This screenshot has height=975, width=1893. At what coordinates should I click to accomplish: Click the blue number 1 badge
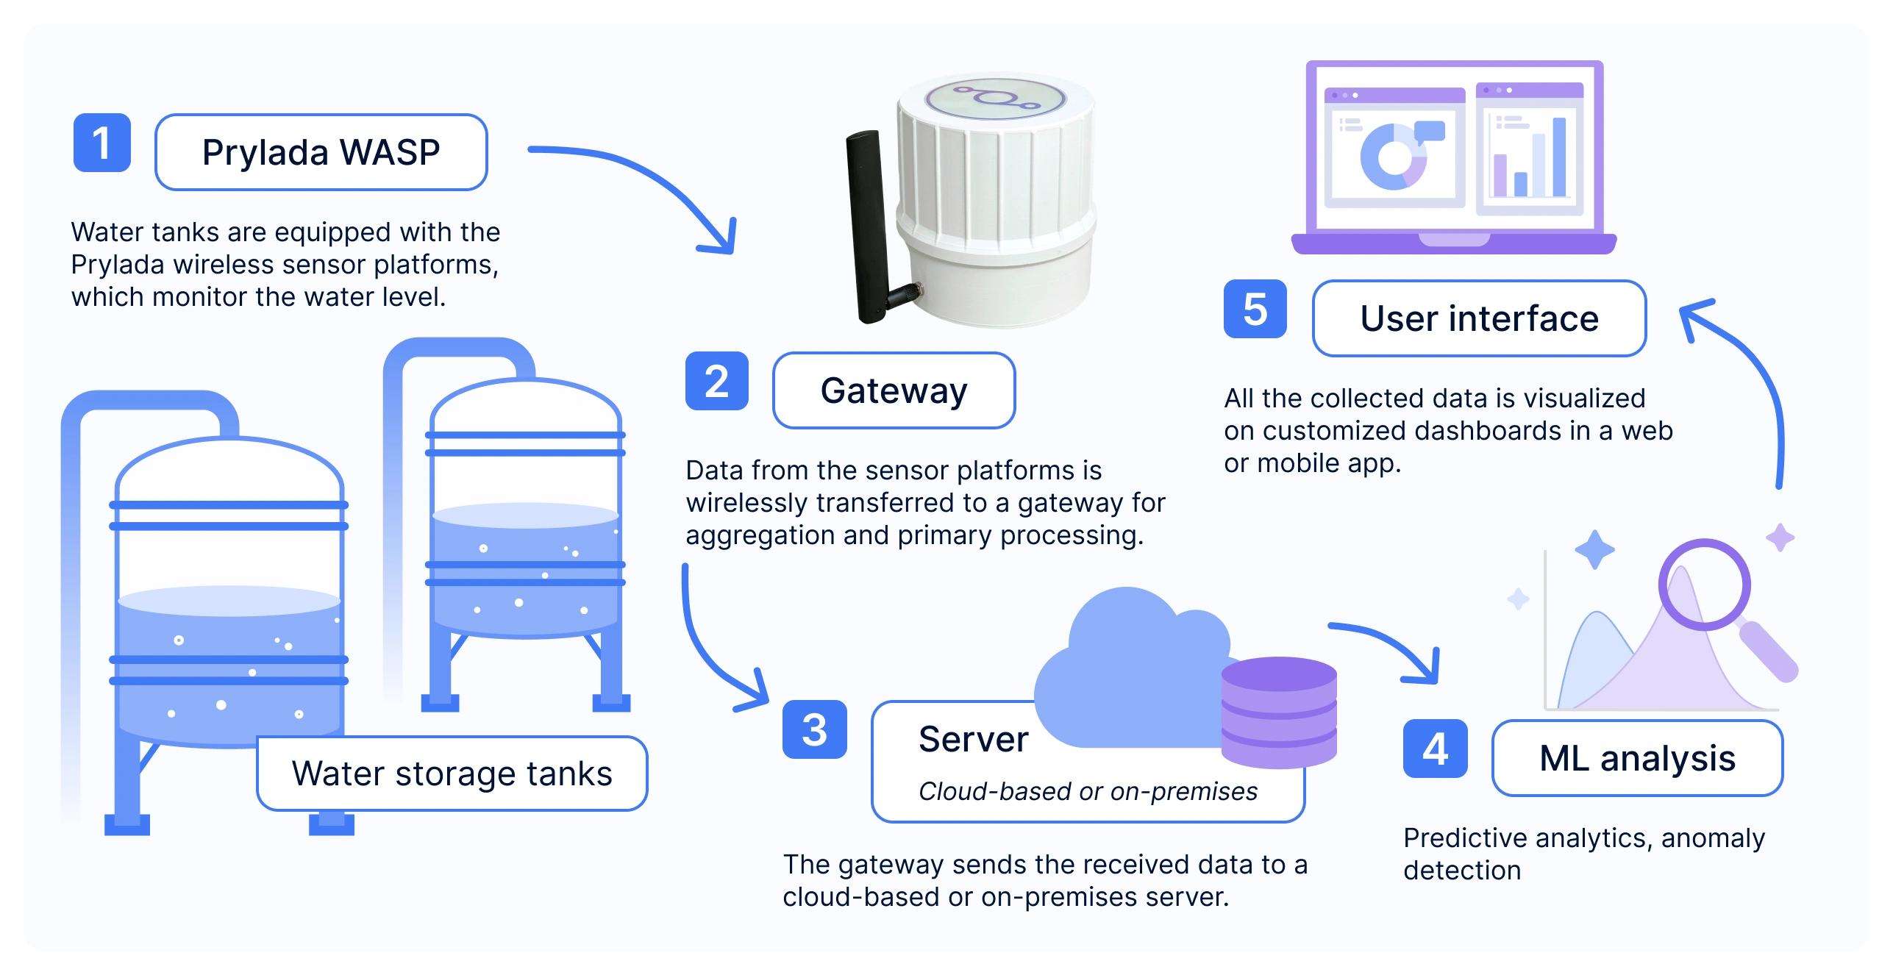click(102, 143)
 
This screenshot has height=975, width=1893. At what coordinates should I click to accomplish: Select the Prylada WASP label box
click(321, 152)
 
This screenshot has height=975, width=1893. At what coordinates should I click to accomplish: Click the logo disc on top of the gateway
click(995, 99)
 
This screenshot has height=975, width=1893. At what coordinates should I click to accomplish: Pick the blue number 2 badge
click(716, 381)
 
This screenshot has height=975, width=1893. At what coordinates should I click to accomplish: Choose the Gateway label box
click(894, 390)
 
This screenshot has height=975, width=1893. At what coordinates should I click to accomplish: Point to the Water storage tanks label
click(452, 774)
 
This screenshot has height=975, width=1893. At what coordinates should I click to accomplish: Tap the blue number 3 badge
click(814, 729)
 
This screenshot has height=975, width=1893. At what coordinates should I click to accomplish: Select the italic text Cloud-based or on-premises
click(1088, 791)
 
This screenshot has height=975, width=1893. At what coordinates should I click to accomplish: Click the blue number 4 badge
click(1435, 749)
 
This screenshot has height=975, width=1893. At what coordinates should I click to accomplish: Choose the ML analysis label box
click(1637, 758)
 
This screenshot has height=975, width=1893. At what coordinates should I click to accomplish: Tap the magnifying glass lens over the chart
click(1704, 585)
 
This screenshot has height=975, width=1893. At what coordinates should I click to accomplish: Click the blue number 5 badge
click(1255, 309)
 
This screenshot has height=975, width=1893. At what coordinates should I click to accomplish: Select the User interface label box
click(1479, 318)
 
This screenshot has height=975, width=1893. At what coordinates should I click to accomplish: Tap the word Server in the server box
click(973, 739)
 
